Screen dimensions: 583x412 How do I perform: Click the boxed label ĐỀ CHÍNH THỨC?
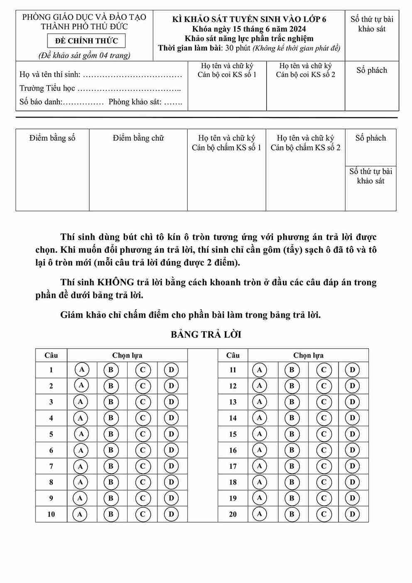point(87,41)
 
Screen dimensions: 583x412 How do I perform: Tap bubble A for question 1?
point(81,369)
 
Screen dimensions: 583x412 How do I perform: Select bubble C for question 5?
point(142,434)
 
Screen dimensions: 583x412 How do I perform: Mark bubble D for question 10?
point(171,514)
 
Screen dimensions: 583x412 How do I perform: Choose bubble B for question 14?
point(292,418)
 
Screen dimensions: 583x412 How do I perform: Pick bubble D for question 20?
point(352,514)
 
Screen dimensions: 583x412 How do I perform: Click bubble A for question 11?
point(260,369)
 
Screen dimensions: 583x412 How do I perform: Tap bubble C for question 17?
point(324,466)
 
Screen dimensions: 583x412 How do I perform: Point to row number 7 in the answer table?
point(51,466)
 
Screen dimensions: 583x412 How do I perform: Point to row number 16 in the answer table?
point(233,450)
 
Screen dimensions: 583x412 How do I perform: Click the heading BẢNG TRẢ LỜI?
point(206,335)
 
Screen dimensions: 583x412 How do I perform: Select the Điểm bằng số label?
point(52,138)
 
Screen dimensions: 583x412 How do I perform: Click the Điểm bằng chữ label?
point(138,138)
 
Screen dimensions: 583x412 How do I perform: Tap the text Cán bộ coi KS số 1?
point(227,75)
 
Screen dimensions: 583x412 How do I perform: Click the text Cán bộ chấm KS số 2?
point(305,148)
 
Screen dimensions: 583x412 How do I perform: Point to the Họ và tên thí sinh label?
point(50,75)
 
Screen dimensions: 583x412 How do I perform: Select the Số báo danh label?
point(40,102)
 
